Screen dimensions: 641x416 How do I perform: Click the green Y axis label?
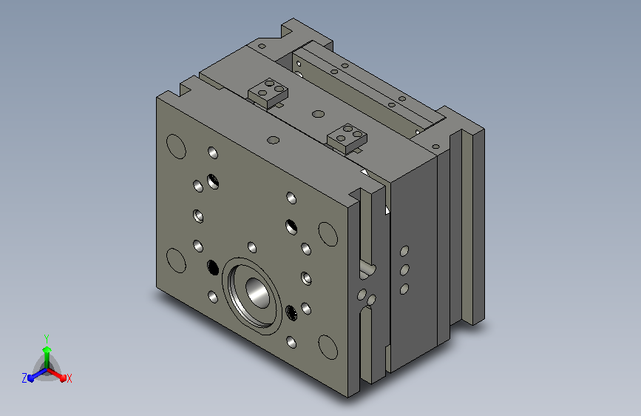47,339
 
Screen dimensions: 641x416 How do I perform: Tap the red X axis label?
69,379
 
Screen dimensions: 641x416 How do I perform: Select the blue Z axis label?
24,378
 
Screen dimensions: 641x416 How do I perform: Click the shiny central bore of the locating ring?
257,293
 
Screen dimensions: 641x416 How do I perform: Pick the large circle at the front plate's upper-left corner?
176,146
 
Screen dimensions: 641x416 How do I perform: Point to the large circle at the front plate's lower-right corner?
328,347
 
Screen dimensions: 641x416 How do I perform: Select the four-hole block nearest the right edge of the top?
347,138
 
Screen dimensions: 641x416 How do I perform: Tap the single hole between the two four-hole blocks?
318,114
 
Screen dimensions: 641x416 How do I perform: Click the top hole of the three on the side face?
404,251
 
